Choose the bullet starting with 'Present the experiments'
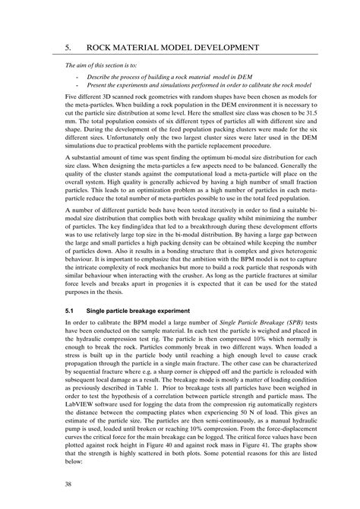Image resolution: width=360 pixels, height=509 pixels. click(x=190, y=88)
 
